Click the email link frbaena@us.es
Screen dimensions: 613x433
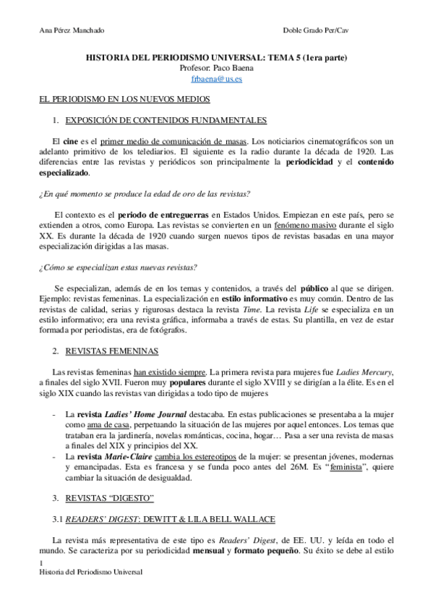(x=216, y=79)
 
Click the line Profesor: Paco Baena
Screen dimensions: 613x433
(x=216, y=68)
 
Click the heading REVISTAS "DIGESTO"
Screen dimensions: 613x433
(x=111, y=499)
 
